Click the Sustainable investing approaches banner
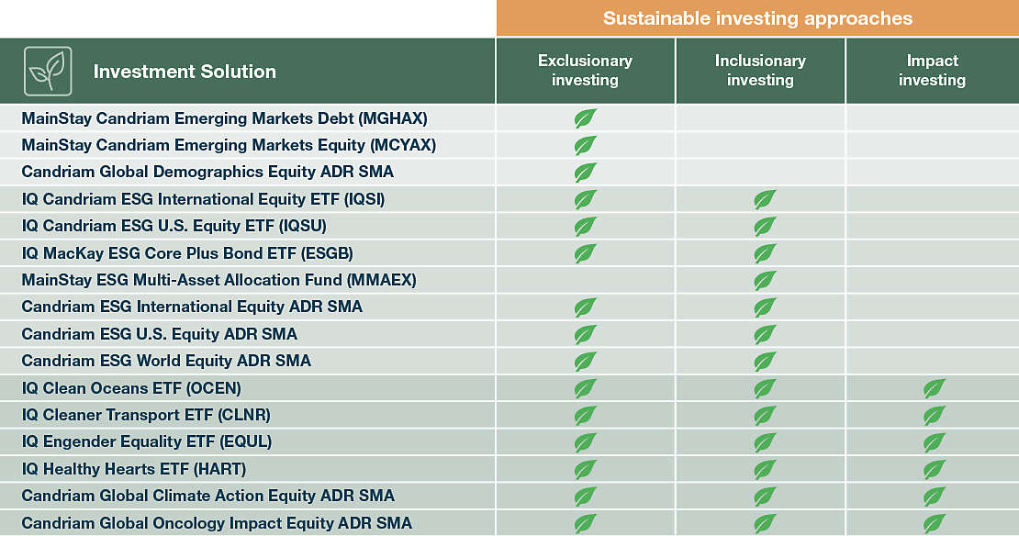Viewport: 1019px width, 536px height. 757,18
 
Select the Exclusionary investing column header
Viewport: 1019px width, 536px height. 585,71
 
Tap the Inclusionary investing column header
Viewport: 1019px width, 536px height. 760,71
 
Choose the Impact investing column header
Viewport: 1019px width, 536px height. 932,71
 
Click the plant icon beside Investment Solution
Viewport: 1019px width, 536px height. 48,71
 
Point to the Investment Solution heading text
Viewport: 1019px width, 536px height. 185,72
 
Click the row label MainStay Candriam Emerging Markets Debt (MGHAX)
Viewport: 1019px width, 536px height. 224,118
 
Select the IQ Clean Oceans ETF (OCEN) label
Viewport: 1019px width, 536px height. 131,388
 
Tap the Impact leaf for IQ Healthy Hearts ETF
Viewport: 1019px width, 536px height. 935,469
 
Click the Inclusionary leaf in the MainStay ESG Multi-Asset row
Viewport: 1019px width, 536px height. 764,280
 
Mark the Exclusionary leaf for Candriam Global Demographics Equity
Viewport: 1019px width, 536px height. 585,172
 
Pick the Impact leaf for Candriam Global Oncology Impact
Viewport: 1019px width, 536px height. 935,523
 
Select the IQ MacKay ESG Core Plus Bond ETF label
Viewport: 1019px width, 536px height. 187,253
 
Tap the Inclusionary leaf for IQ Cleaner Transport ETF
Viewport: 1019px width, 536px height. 764,415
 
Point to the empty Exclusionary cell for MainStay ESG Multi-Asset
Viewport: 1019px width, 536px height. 585,280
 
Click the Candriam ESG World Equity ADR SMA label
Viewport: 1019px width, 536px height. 166,361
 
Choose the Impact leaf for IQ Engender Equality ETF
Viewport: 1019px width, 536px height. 935,442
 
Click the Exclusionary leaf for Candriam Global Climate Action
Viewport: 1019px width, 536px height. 585,497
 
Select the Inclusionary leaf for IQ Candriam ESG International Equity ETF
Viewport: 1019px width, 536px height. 764,199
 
